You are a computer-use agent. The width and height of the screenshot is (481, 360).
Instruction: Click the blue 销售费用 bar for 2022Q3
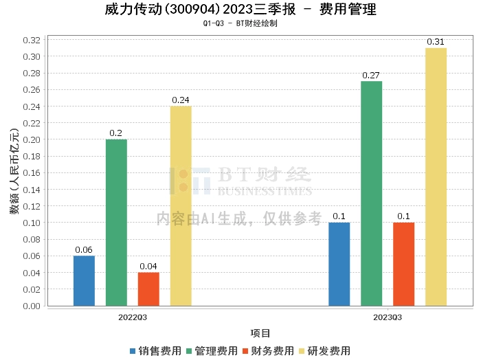point(84,280)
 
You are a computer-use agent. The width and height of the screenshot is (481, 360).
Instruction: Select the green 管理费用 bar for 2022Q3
point(116,222)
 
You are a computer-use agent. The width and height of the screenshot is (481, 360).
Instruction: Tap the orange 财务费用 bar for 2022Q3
point(148,289)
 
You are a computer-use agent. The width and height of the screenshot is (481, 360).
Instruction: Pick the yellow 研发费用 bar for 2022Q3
point(181,205)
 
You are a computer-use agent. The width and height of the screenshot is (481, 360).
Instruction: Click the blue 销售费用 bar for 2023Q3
point(339,264)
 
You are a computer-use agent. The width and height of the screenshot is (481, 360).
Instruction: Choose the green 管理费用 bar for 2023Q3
point(371,193)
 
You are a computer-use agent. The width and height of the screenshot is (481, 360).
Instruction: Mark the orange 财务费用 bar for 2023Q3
point(403,264)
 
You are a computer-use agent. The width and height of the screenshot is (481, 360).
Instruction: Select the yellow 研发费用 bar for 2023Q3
point(436,177)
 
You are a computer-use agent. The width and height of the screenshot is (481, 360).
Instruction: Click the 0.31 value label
point(436,42)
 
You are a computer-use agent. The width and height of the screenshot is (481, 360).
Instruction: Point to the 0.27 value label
point(371,76)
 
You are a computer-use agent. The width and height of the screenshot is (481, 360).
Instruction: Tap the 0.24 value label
point(181,100)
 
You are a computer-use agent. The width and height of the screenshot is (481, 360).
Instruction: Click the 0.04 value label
point(148,267)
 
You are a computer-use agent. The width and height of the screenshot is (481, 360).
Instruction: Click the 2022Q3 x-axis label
point(132,318)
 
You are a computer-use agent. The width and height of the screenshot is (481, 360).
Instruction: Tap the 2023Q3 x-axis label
point(388,318)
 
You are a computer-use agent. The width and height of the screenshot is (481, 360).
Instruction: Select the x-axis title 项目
point(260,334)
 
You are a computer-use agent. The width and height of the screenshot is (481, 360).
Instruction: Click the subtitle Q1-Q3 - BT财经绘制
point(240,23)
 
